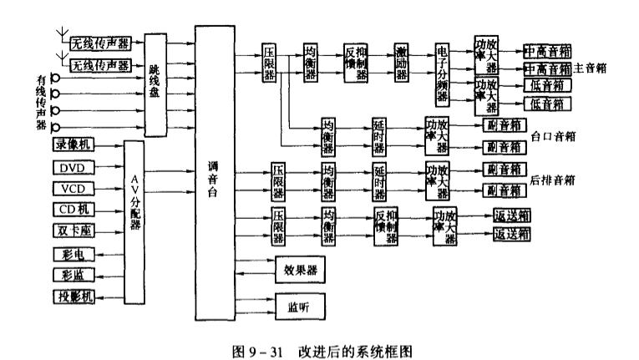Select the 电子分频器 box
[x=442, y=71]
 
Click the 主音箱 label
[x=590, y=69]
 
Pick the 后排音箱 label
[x=555, y=180]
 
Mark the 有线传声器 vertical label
[x=40, y=102]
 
